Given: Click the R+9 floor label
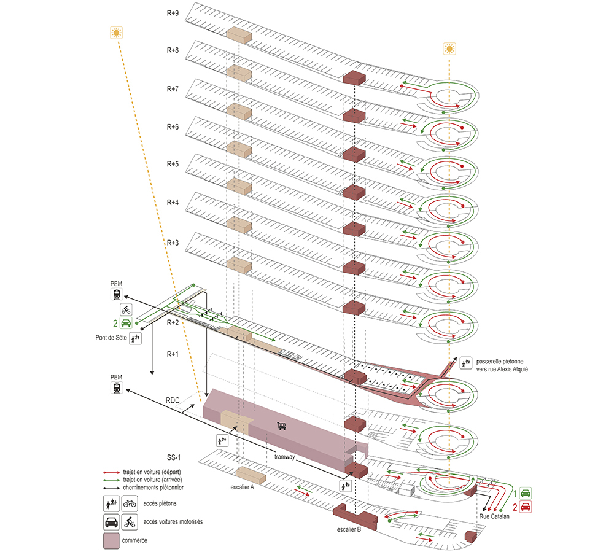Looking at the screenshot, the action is [173, 14].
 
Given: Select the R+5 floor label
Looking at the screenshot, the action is [173, 164].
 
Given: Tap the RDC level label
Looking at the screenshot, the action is [173, 400].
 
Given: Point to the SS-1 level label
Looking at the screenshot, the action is [174, 457].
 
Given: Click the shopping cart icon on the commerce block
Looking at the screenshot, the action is [282, 426].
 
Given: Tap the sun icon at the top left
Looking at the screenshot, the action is [116, 33].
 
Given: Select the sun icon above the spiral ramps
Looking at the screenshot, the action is [449, 49].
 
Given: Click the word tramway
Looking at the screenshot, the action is [285, 457].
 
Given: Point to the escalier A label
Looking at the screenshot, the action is [242, 488].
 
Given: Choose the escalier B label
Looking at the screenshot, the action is [349, 530].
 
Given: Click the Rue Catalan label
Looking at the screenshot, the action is [494, 516].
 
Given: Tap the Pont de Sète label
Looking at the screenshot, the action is [111, 338].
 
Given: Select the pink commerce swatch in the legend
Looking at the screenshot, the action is [111, 541].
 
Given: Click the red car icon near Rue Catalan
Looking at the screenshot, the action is [526, 507].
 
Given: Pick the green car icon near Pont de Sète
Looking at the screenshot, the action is [126, 323].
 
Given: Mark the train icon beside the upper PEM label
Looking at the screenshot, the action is [117, 294].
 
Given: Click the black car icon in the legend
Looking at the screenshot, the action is [112, 522].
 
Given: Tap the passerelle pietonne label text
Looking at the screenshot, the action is [502, 365].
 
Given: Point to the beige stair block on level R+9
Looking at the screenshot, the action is [239, 35].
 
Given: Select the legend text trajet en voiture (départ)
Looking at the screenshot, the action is [152, 472].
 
